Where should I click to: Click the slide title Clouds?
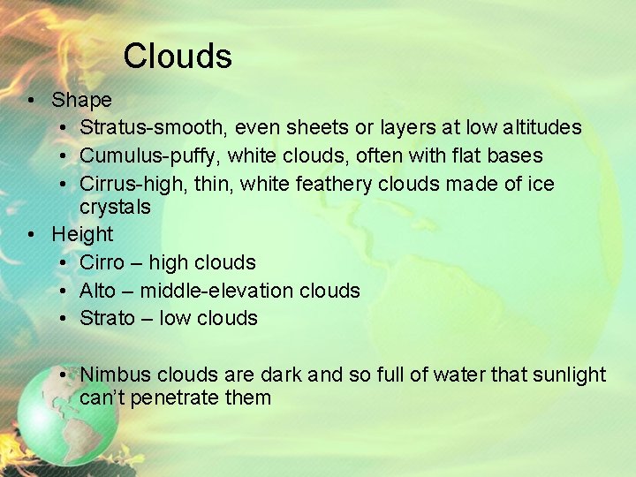[x=178, y=57]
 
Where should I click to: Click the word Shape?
[x=81, y=100]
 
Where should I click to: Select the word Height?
[x=82, y=234]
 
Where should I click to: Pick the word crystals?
[x=115, y=208]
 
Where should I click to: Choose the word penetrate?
[x=176, y=397]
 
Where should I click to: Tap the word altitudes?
[x=542, y=128]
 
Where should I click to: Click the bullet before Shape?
[x=31, y=100]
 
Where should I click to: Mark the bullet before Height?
[x=31, y=234]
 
